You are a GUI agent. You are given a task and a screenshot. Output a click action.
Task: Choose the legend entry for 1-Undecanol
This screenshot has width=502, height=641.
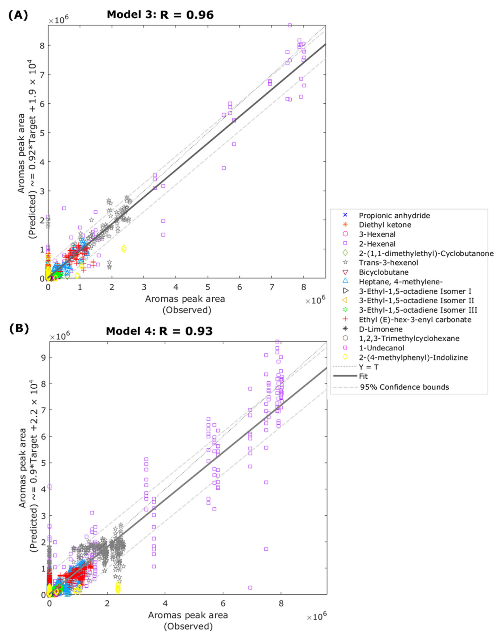381,348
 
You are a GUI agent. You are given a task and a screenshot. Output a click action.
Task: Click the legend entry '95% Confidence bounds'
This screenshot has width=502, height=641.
404,387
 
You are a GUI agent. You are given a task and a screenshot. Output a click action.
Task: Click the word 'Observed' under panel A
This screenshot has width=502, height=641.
187,310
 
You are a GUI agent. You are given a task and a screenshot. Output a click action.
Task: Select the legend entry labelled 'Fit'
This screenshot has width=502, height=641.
363,376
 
